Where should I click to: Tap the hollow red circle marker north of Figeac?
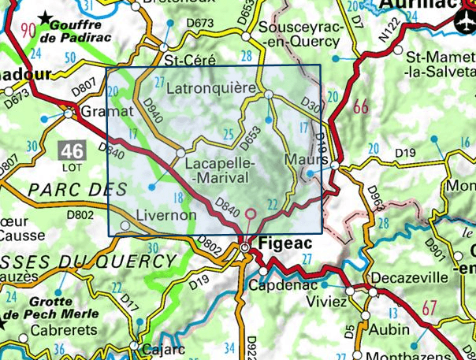251,213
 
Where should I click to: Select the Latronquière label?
212,87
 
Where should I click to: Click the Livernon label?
165,214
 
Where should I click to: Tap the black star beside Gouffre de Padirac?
50,16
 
